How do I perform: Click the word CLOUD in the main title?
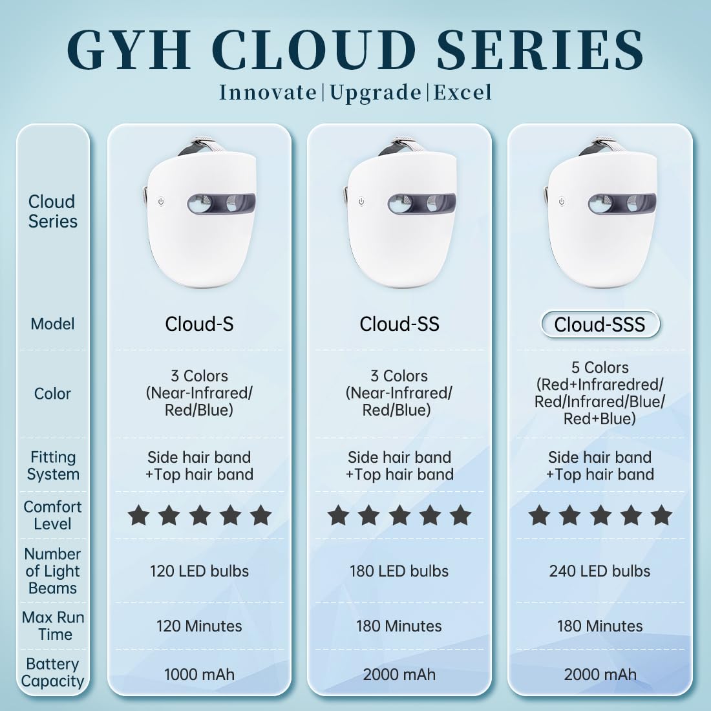pos(313,50)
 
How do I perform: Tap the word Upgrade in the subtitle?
pos(376,93)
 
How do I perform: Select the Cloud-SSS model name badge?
pos(600,324)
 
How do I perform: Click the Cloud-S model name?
pos(199,324)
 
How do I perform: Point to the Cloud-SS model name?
pos(399,324)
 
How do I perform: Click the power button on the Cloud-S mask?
pos(161,202)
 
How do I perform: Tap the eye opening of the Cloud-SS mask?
pos(421,204)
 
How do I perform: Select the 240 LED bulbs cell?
pos(599,571)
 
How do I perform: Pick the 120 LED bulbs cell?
pos(199,571)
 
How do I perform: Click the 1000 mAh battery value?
pos(199,675)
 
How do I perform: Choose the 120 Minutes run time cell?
pos(199,626)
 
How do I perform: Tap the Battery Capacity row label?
pos(52,672)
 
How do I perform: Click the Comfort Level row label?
pos(52,515)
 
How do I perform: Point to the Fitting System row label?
pos(52,465)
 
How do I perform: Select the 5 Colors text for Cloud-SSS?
pos(599,367)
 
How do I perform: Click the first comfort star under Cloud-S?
pos(138,516)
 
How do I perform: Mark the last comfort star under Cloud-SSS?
pos(661,516)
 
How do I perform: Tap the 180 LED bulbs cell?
pos(399,571)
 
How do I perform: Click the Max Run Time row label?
pos(52,626)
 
